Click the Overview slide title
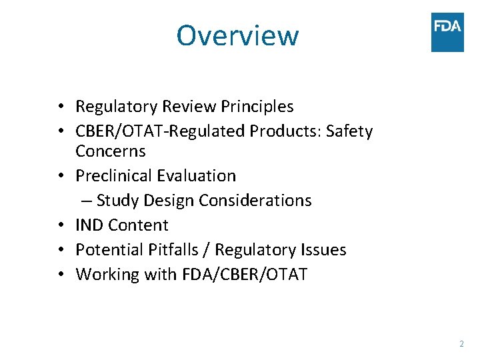pos(237,35)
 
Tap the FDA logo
pos(447,32)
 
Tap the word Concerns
pos(111,151)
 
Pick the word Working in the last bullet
pos(105,275)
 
